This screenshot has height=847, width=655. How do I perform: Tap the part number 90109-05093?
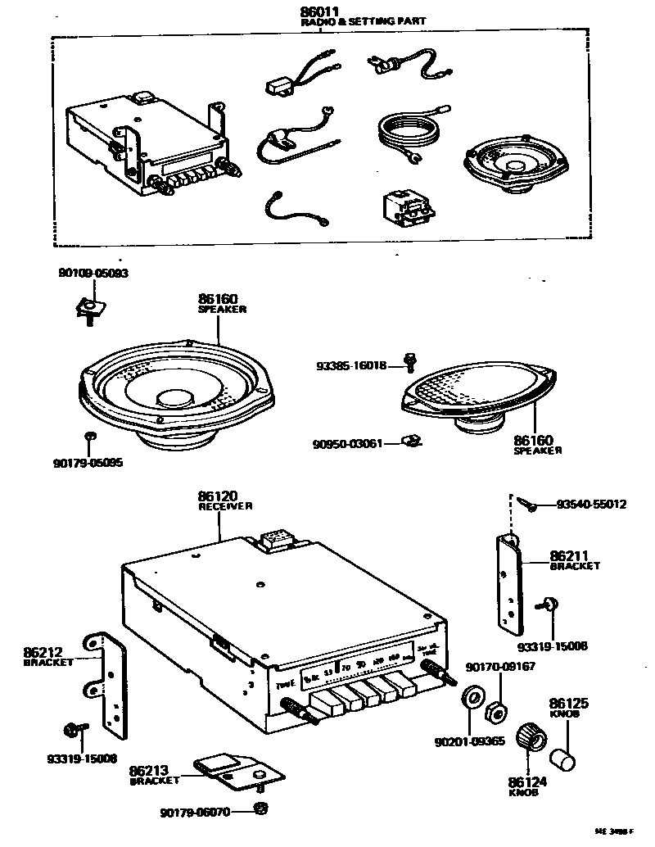click(x=93, y=273)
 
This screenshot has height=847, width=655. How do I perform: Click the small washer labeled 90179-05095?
click(x=91, y=435)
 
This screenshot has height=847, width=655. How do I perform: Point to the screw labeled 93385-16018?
click(x=410, y=362)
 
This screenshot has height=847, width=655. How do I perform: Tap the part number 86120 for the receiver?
click(x=217, y=496)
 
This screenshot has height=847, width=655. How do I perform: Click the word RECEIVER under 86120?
click(x=225, y=507)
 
